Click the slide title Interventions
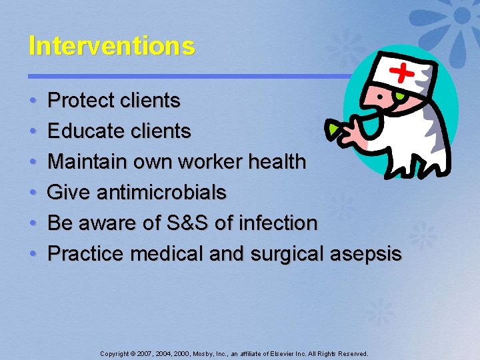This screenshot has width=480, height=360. (x=111, y=46)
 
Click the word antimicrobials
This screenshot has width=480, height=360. (x=161, y=193)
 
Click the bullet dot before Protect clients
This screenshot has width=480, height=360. (x=33, y=101)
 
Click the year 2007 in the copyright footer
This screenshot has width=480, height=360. (x=145, y=353)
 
